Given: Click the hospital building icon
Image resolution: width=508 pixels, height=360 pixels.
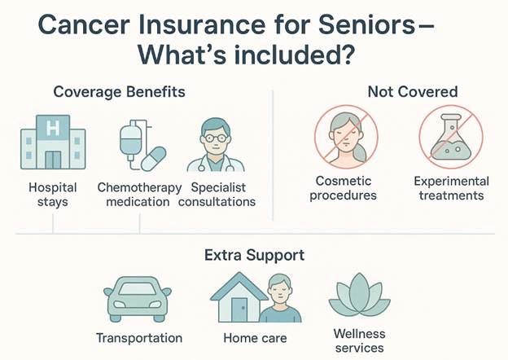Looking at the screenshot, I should point(53,143).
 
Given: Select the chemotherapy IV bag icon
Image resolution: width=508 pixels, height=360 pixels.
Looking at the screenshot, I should point(132,138).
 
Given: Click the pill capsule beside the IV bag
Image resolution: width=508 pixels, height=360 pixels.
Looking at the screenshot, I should point(153,158).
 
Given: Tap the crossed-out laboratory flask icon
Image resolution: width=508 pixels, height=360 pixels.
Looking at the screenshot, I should point(450,137).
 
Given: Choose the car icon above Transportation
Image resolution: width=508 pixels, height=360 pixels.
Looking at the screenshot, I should point(138,301).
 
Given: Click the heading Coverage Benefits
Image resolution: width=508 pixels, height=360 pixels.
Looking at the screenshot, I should point(119,92).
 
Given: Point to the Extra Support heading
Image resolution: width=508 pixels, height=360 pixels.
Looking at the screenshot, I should point(255,255).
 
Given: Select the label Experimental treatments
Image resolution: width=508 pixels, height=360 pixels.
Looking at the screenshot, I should point(450,188).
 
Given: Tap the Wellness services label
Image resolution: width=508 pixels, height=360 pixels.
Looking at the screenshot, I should point(359,341).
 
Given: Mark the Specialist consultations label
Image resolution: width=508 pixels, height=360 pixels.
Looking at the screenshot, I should point(221,194).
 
